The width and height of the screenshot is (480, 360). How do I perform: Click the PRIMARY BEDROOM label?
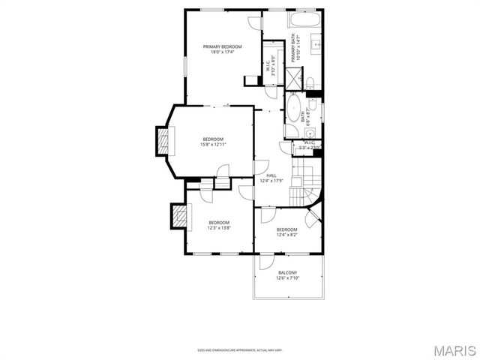click(223, 46)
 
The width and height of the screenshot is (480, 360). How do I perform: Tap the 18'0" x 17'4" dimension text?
click(223, 52)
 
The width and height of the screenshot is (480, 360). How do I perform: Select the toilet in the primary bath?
click(309, 81)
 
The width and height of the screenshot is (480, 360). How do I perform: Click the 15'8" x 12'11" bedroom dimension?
click(212, 145)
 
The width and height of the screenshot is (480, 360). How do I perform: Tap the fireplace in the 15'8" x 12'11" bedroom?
click(162, 141)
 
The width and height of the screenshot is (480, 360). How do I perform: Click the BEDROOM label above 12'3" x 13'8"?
click(219, 222)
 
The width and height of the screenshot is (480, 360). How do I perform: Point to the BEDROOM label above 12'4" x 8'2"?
click(286, 229)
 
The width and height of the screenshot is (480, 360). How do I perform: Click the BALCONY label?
click(288, 272)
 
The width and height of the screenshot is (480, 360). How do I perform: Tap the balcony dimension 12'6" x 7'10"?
click(288, 278)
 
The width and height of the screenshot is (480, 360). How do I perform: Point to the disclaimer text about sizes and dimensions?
click(239, 349)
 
